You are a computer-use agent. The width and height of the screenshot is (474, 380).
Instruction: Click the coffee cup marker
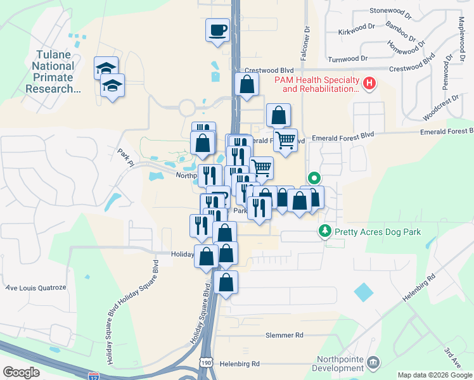tap(218, 30)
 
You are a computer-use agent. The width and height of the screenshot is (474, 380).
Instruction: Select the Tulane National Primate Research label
tap(53, 72)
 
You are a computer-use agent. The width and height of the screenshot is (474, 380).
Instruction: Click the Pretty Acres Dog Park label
tap(378, 232)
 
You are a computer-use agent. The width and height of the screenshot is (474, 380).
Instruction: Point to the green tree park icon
tap(325, 232)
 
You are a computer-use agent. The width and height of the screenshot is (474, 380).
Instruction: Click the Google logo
tap(21, 372)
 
